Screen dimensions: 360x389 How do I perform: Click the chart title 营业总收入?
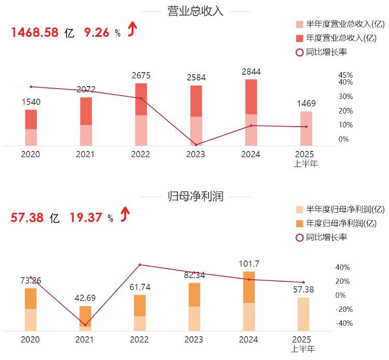[196, 11]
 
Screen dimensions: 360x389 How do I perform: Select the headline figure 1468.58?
[34, 33]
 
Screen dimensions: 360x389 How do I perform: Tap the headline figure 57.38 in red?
[27, 218]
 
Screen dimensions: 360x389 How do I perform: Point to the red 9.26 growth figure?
[96, 33]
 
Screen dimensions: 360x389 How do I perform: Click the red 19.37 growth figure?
[85, 218]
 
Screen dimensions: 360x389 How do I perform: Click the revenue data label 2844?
[252, 72]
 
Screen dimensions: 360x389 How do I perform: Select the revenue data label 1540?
[31, 102]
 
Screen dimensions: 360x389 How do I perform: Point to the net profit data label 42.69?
[86, 298]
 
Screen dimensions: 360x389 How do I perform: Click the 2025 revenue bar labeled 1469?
[306, 129]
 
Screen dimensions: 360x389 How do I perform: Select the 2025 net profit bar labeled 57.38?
[303, 314]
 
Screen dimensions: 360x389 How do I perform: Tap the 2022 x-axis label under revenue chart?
[141, 155]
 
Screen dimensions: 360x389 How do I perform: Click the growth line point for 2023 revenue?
[196, 144]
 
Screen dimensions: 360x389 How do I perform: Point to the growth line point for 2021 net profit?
[86, 325]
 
